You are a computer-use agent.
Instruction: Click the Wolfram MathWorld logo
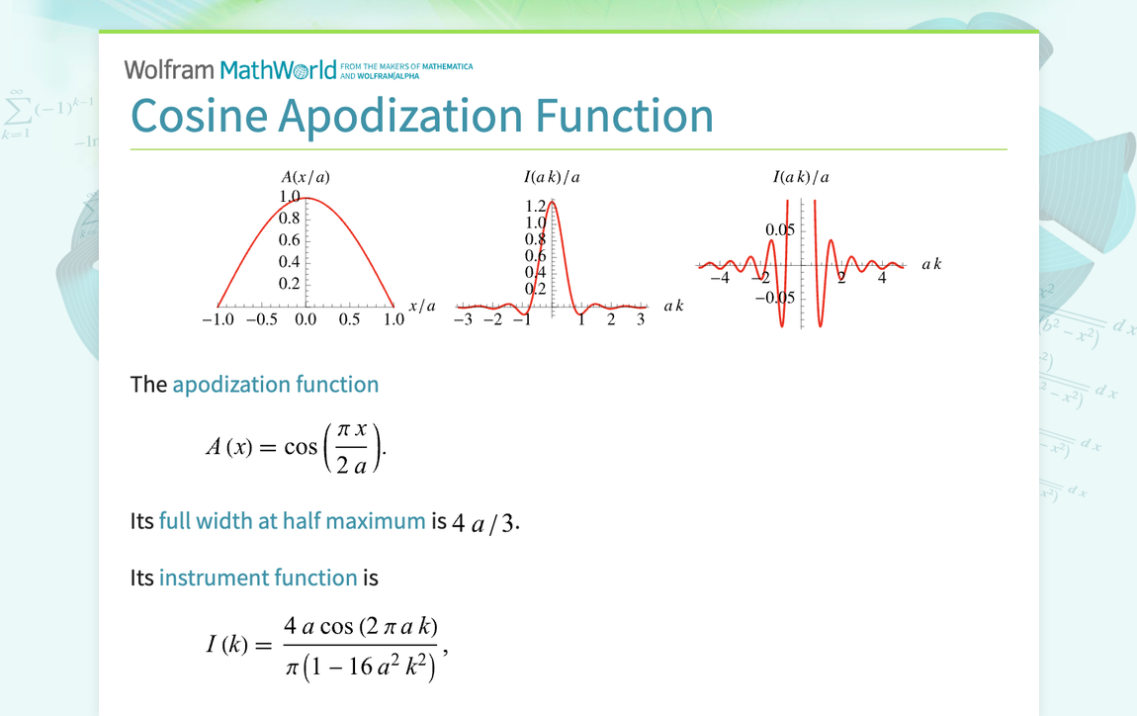click(x=230, y=69)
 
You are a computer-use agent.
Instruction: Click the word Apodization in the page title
click(x=400, y=115)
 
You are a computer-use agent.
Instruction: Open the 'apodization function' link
click(x=275, y=385)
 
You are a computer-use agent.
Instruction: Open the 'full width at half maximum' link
click(x=292, y=521)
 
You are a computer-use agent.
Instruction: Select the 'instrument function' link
click(x=258, y=578)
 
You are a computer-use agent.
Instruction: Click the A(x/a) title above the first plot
click(x=306, y=177)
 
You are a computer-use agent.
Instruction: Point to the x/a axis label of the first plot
click(x=422, y=306)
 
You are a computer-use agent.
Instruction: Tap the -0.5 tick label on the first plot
click(x=261, y=320)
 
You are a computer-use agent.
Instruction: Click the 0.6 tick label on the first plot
click(x=289, y=240)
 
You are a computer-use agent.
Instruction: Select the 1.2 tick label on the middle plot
click(x=535, y=206)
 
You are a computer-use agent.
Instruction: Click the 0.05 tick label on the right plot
click(x=779, y=230)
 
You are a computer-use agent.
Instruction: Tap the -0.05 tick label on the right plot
click(x=775, y=297)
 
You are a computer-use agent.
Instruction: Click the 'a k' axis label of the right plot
click(x=931, y=264)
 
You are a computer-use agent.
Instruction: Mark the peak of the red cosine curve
click(x=306, y=199)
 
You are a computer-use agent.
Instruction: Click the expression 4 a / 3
click(x=484, y=523)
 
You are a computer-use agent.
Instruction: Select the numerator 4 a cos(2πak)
click(x=360, y=626)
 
